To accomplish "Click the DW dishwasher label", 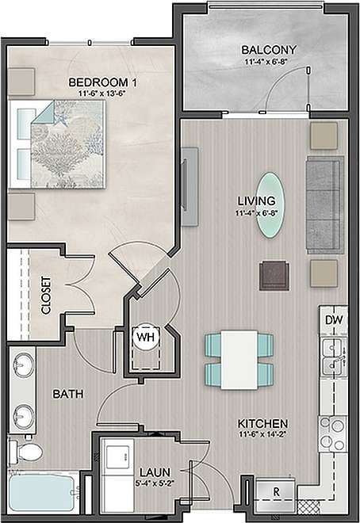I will (334, 320).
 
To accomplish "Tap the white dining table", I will (239, 358).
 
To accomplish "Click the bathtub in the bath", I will (41, 491).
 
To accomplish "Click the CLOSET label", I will (46, 295).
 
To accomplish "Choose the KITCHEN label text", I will (261, 424).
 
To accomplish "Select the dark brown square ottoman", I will (274, 275).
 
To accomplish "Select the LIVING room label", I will (260, 200).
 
